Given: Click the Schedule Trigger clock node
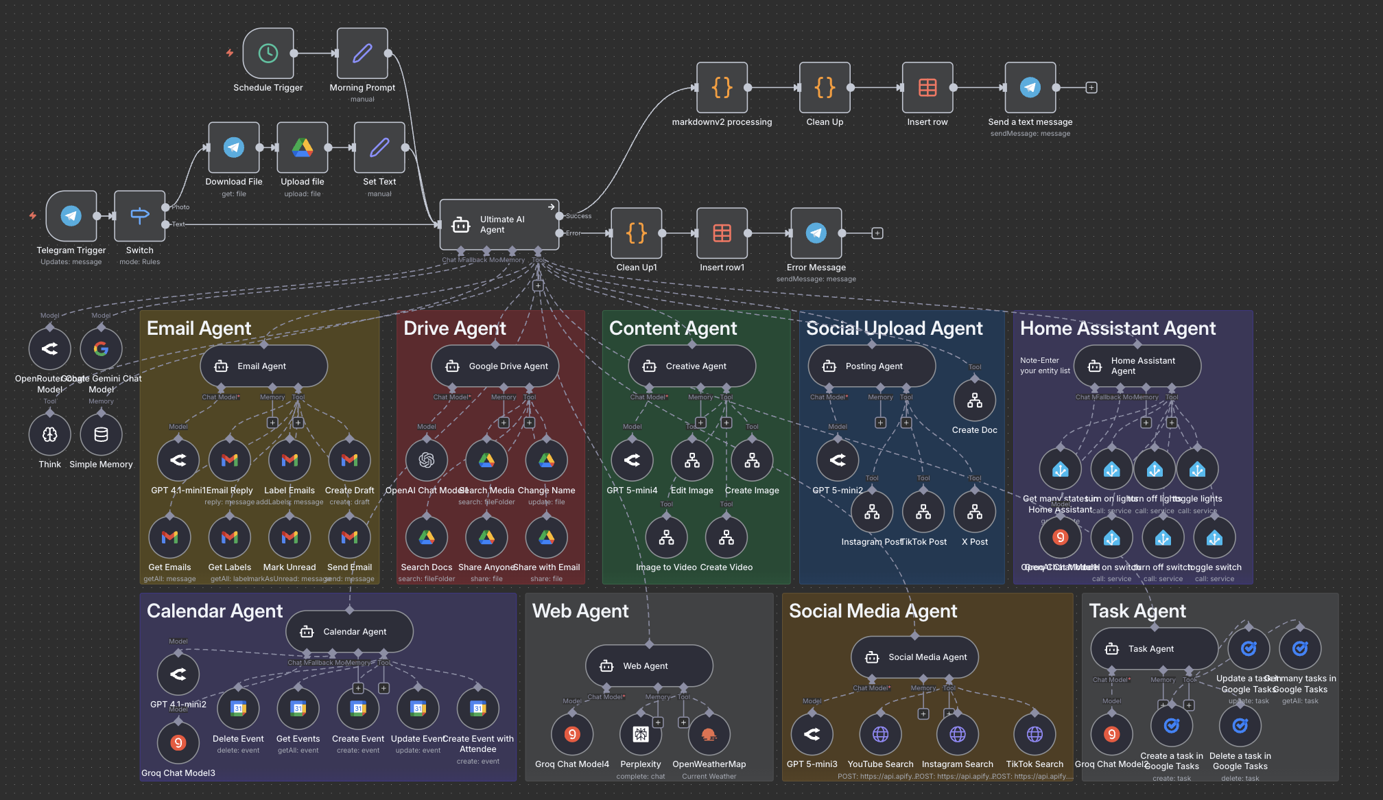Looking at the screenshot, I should click(268, 54).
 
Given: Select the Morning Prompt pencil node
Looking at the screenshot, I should click(362, 54).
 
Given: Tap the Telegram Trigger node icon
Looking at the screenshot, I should click(71, 216).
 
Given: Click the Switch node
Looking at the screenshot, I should click(140, 216).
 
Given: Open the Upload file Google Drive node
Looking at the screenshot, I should click(303, 148).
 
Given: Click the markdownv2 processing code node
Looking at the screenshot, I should click(722, 88).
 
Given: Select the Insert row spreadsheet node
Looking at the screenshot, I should click(927, 88).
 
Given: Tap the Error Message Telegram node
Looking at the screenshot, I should click(816, 233).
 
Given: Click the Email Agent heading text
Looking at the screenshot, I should click(199, 328).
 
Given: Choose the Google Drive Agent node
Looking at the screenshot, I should click(495, 366).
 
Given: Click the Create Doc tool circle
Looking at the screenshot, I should click(974, 401).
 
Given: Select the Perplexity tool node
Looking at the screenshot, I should click(640, 735).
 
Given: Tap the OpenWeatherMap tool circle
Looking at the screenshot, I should click(709, 735).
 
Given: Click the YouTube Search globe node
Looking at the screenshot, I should click(880, 735).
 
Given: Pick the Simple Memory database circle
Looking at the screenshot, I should click(101, 434).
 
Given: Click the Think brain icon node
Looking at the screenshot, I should click(50, 434).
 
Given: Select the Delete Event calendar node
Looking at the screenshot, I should click(238, 709).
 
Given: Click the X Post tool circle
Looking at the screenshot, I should click(974, 512).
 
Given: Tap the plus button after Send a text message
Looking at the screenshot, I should click(1091, 88).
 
